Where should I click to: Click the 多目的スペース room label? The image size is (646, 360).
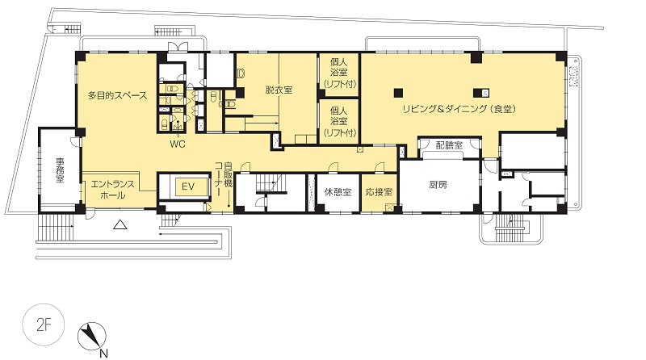coord(117,95)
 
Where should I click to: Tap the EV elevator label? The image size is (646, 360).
coord(188,186)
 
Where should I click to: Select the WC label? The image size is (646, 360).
coord(178,144)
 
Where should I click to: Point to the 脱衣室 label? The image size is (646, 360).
coord(279,90)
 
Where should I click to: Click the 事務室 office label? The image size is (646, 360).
coord(60,170)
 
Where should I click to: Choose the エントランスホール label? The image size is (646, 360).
coord(112,190)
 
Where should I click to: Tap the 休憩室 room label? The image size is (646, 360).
coord(338,192)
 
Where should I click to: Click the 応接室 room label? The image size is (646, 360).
coord(379,192)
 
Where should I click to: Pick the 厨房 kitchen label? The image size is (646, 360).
coord(438,185)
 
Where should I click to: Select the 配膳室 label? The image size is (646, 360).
coord(449,145)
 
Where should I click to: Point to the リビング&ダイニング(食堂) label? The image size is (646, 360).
coord(459,109)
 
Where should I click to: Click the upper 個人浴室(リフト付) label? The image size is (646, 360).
coord(339,73)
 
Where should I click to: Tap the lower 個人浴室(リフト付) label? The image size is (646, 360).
coord(339,122)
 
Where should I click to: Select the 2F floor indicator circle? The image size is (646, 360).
coord(44,325)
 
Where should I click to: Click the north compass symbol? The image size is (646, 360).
coord(92,336)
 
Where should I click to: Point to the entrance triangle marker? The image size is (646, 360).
coord(120,224)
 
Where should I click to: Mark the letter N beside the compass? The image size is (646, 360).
coord(104,353)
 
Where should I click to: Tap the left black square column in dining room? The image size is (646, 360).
coord(398,93)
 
